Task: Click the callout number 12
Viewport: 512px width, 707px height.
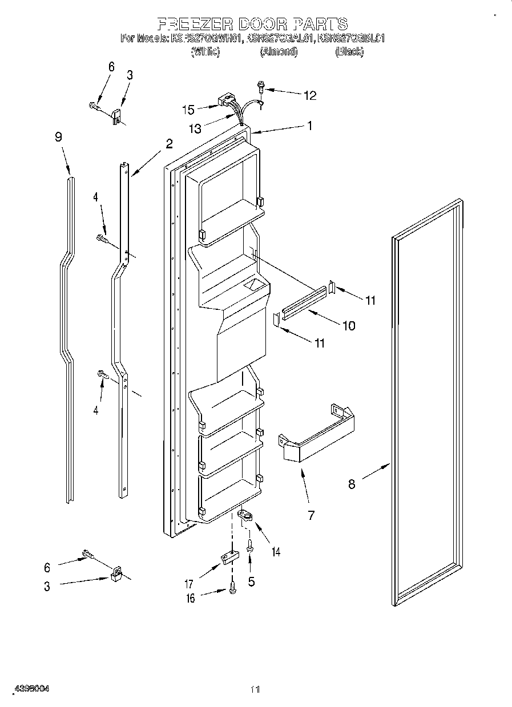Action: click(309, 95)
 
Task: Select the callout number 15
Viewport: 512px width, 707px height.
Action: click(188, 109)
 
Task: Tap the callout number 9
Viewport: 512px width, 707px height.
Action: click(58, 137)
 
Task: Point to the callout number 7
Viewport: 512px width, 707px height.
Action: click(311, 515)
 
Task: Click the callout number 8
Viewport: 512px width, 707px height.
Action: click(352, 484)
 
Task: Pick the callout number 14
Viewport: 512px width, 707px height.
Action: click(276, 551)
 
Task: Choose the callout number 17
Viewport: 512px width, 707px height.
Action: click(188, 584)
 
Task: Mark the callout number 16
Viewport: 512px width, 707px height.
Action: click(191, 598)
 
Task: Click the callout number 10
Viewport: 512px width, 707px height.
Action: click(348, 326)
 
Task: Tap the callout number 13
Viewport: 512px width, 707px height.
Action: click(195, 129)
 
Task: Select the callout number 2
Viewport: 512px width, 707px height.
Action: click(169, 143)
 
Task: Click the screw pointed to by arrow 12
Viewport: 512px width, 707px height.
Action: click(261, 87)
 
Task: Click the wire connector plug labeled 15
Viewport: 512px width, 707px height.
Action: click(226, 103)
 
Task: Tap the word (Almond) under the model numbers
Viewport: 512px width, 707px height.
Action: click(279, 51)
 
